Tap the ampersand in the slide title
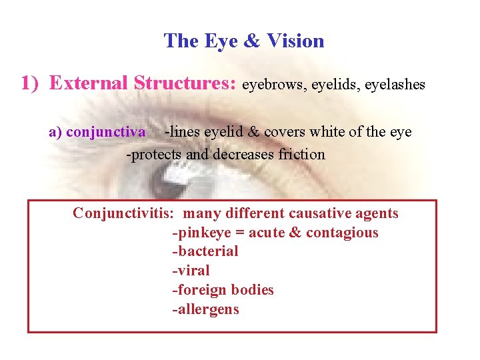(x=251, y=41)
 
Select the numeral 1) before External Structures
(x=32, y=83)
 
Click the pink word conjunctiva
(x=106, y=132)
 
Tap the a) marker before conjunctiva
(x=56, y=132)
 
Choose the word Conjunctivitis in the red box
(x=124, y=213)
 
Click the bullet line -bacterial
(x=205, y=251)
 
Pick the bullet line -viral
(x=191, y=271)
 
